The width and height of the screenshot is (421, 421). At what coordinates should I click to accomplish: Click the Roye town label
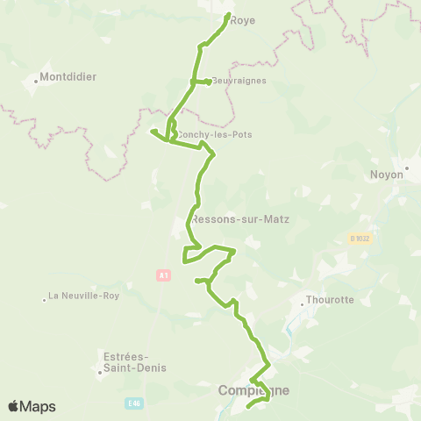pyautogui.click(x=242, y=20)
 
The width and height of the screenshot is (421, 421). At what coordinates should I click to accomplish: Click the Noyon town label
pyautogui.click(x=387, y=175)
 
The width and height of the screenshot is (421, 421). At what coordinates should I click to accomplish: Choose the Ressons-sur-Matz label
pyautogui.click(x=239, y=219)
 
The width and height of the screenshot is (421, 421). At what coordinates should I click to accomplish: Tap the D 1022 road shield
pyautogui.click(x=360, y=238)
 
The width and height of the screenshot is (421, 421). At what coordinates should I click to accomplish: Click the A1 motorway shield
pyautogui.click(x=163, y=275)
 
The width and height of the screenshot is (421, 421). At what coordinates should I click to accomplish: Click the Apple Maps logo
pyautogui.click(x=32, y=406)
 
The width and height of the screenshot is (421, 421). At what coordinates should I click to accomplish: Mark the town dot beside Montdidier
pyautogui.click(x=36, y=82)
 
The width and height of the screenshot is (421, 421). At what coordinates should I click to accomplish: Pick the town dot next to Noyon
pyautogui.click(x=407, y=166)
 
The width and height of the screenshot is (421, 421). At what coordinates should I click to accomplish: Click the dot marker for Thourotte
pyautogui.click(x=303, y=304)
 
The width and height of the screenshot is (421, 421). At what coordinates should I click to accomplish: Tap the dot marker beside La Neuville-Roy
pyautogui.click(x=44, y=300)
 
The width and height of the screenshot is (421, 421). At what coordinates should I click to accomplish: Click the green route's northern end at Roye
pyautogui.click(x=228, y=15)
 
